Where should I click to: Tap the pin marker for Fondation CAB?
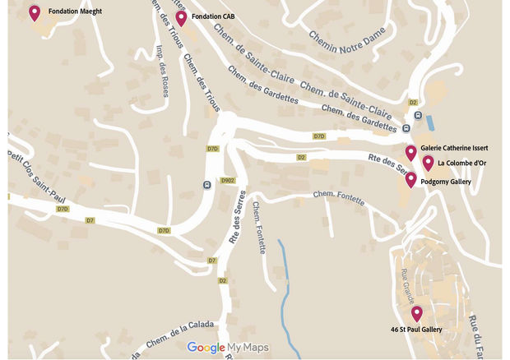pyautogui.click(x=181, y=17)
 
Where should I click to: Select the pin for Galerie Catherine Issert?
pyautogui.click(x=410, y=152)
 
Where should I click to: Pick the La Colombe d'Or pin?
pyautogui.click(x=428, y=162)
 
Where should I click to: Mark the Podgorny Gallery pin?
pyautogui.click(x=410, y=179)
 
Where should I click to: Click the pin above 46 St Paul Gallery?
pyautogui.click(x=417, y=313)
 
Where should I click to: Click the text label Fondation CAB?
pyautogui.click(x=213, y=16)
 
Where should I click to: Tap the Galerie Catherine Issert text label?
pyautogui.click(x=454, y=148)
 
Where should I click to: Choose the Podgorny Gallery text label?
pyautogui.click(x=445, y=181)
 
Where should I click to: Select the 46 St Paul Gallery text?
pyautogui.click(x=417, y=329)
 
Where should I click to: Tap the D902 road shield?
pyautogui.click(x=228, y=179)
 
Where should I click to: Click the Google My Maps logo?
pyautogui.click(x=228, y=348)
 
